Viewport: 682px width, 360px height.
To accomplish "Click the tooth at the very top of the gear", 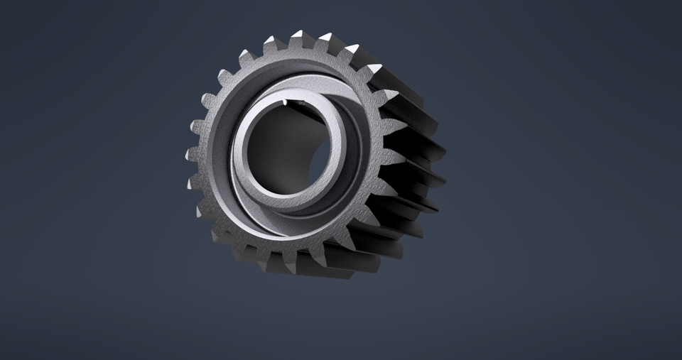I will tap(297, 38).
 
